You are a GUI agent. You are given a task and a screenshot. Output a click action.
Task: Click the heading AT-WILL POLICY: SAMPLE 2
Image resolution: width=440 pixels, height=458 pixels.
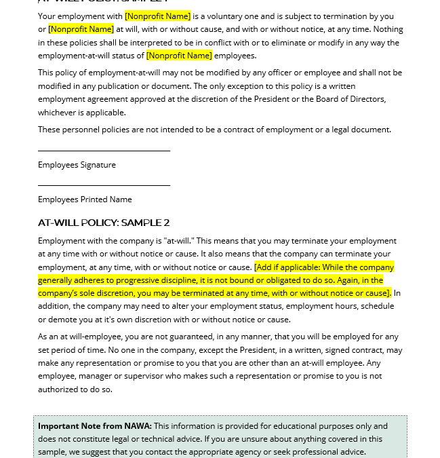click(104, 223)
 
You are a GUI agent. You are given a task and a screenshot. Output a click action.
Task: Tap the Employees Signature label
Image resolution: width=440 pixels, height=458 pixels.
click(77, 165)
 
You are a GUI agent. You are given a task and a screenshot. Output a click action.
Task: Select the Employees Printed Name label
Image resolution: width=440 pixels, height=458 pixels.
click(85, 199)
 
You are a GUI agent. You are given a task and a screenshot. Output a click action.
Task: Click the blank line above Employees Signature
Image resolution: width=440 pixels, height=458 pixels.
click(104, 151)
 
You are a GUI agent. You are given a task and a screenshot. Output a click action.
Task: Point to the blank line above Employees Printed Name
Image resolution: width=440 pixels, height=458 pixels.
click(104, 185)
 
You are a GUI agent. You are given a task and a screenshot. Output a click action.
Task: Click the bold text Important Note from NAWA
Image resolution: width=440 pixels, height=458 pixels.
click(94, 426)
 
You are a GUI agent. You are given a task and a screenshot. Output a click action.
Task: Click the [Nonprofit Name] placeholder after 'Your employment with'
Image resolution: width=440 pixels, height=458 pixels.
click(157, 16)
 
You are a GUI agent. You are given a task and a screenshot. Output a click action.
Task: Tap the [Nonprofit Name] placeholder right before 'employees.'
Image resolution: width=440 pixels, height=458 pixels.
click(179, 56)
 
